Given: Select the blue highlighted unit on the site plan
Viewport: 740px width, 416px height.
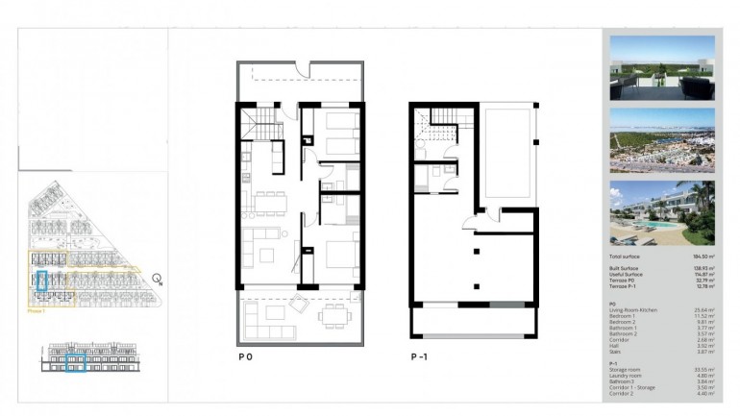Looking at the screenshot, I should click(x=41, y=281).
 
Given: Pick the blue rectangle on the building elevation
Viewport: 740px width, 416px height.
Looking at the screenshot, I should click(x=75, y=364).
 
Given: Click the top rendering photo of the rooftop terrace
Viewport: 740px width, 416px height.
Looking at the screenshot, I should click(x=662, y=68).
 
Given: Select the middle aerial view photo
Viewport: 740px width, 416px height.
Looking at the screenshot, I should click(x=662, y=140).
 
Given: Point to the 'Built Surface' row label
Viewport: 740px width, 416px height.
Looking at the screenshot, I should click(x=626, y=268).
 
